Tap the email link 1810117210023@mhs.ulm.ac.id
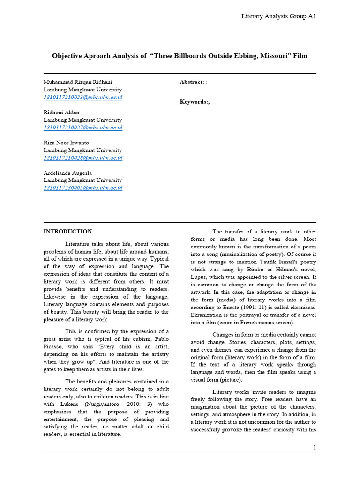pos(83,97)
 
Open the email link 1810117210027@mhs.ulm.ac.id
pos(83,127)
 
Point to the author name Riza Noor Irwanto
pos(66,142)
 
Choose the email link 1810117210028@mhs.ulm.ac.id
pos(83,158)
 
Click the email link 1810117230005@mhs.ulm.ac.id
pos(83,188)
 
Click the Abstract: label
pos(192,82)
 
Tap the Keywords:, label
pos(195,102)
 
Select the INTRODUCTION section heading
pos(67,231)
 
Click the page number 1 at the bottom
pos(315,447)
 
